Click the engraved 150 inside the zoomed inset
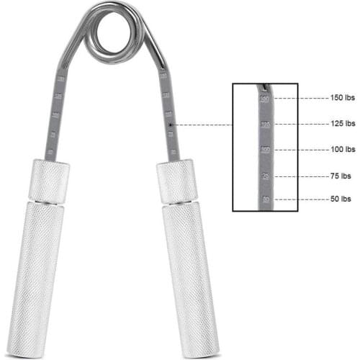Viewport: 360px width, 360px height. pos(265,99)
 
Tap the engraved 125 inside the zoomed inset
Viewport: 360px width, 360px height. pos(265,125)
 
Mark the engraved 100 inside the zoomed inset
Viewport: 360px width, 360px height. pos(265,150)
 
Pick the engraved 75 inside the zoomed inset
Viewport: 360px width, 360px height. pos(265,175)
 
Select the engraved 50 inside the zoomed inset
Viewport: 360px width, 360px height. pos(265,199)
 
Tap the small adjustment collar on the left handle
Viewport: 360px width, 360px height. pos(50,181)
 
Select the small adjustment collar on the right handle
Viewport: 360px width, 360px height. pos(177,181)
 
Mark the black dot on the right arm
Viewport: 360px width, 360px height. pos(169,125)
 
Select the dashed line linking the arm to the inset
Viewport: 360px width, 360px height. pos(202,125)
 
